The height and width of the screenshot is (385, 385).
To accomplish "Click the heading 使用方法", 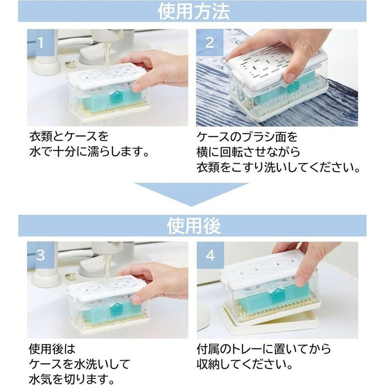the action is [x=194, y=11].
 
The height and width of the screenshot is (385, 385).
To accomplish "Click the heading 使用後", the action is [x=194, y=226].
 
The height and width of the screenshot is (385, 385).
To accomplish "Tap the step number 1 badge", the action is [x=40, y=43].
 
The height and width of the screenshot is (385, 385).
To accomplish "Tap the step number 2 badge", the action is [x=210, y=43].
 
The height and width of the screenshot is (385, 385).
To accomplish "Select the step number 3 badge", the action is [x=40, y=255].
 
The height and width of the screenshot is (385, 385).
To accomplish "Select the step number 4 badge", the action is [x=210, y=255].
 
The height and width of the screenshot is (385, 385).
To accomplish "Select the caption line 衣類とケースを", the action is [x=69, y=137].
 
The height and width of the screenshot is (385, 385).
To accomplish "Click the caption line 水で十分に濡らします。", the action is [x=89, y=152].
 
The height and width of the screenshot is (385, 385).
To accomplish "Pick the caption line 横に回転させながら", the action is [x=248, y=152].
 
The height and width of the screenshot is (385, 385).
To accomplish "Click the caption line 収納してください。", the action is [x=244, y=364].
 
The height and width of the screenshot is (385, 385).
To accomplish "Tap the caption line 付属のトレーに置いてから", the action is [x=264, y=349].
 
